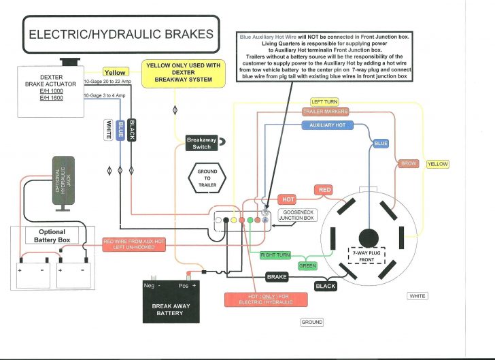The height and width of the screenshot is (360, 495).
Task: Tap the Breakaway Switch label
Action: (x=201, y=142)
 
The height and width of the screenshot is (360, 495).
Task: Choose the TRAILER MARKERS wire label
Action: (x=325, y=112)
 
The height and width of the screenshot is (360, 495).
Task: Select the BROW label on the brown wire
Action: (x=408, y=163)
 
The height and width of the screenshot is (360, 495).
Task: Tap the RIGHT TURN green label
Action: (x=276, y=255)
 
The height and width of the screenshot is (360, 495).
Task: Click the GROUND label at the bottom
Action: (x=312, y=322)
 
